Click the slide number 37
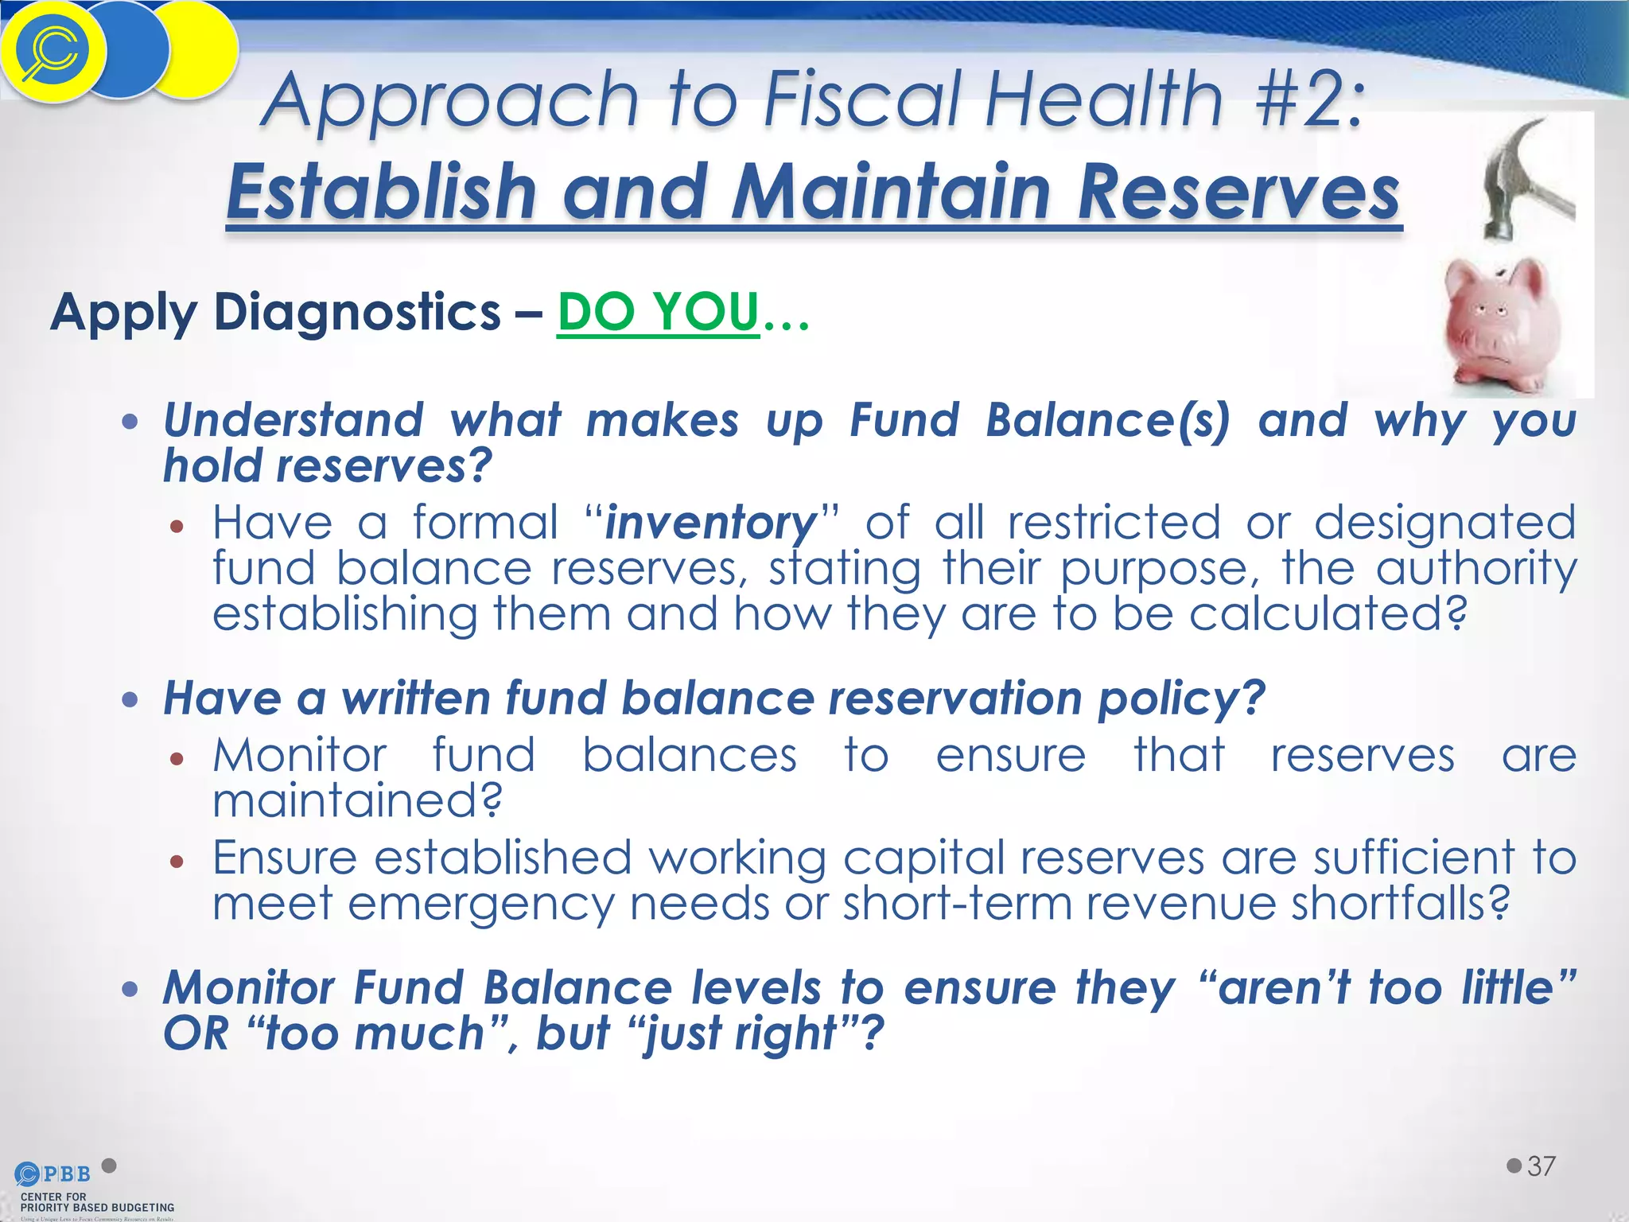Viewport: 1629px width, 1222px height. pos(1542,1166)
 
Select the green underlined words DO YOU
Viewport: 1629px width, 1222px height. pos(659,312)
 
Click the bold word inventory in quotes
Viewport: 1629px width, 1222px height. pos(710,523)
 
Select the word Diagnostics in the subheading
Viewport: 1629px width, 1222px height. pos(357,312)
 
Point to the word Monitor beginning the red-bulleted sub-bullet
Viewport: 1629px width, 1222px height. pos(300,755)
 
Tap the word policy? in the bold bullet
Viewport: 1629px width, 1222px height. pos(1180,699)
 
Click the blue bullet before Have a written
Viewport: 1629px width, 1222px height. pos(130,700)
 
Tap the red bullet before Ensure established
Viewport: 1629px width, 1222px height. pos(177,861)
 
